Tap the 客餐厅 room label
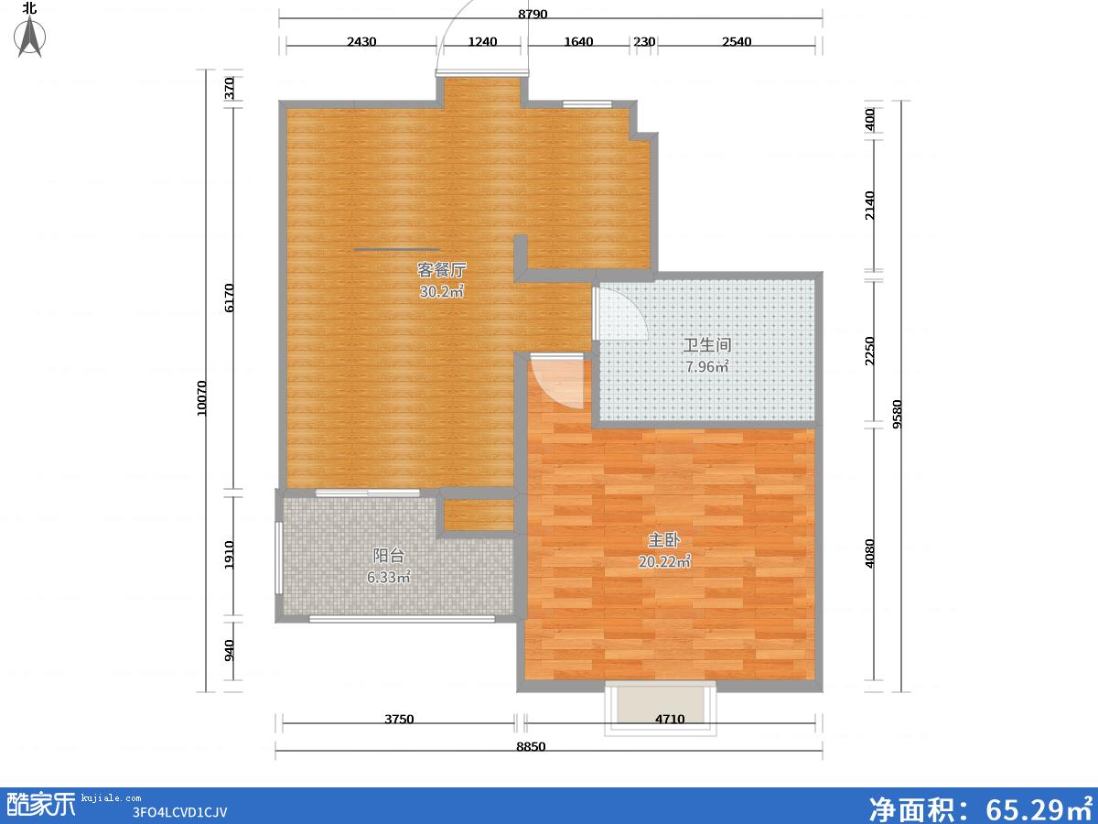pos(441,270)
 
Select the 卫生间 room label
pos(706,345)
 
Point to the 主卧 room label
pos(663,540)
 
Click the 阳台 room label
pos(388,556)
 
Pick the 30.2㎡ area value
pos(441,292)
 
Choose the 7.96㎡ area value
pos(706,367)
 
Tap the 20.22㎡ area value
pos(664,562)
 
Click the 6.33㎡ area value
pos(388,578)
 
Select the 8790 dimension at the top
pos(533,14)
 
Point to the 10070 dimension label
pos(201,398)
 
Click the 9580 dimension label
pos(897,414)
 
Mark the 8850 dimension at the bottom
pos(531,746)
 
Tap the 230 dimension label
pos(644,41)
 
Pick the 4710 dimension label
pos(670,719)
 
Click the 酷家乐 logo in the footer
pos(41,805)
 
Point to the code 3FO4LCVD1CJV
pos(179,812)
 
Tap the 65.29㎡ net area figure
pos(1039,808)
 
